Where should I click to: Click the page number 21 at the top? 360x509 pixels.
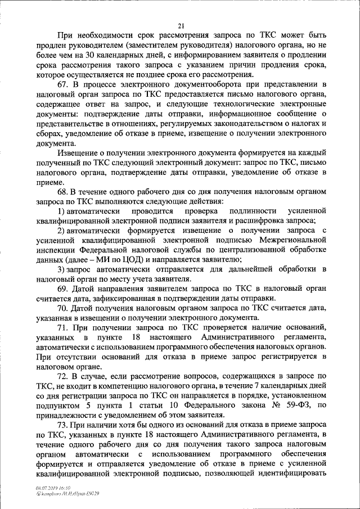pyautogui.click(x=181, y=25)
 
